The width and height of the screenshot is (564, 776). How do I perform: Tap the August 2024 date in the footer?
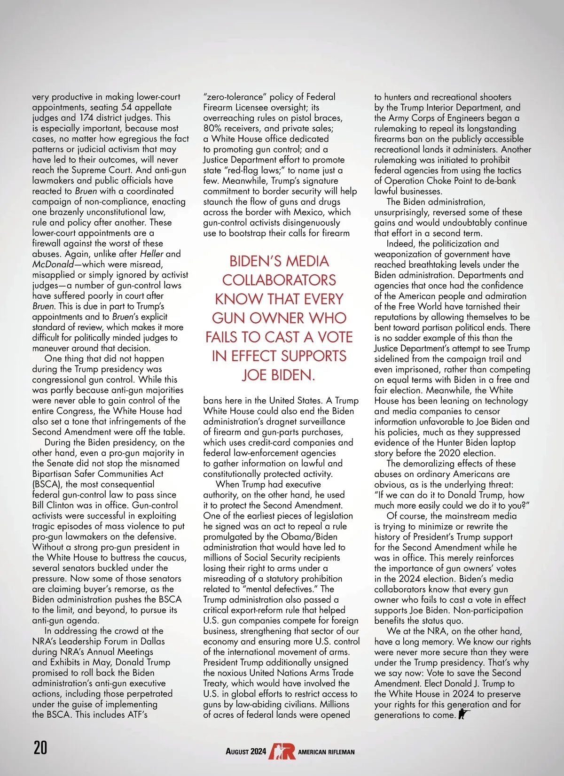pos(246,751)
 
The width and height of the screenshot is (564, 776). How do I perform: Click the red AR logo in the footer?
pos(282,751)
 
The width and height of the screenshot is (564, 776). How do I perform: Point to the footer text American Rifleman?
pos(326,752)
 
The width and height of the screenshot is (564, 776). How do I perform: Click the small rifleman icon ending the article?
pos(464,714)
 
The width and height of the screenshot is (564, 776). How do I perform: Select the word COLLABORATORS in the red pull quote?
pos(279,280)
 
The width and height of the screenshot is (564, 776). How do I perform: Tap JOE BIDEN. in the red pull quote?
pos(279,375)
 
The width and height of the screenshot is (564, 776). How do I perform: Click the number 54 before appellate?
pos(126,107)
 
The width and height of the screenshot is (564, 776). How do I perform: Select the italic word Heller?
pos(151,254)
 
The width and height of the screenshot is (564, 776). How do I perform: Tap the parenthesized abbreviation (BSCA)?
pos(47,484)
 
